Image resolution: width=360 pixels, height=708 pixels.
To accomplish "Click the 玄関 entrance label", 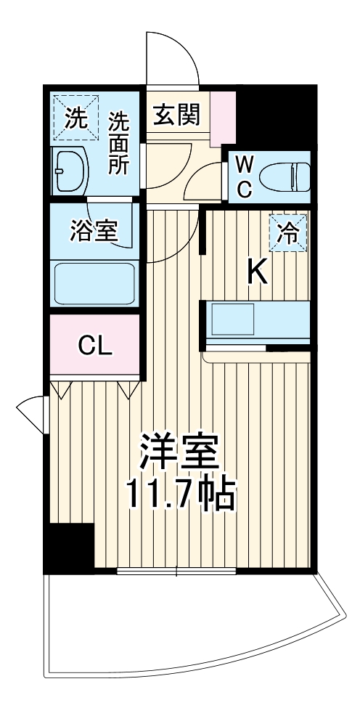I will (176, 114).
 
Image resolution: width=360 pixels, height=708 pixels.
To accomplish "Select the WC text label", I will (245, 176).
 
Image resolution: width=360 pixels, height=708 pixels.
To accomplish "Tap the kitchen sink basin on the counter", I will (232, 318).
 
